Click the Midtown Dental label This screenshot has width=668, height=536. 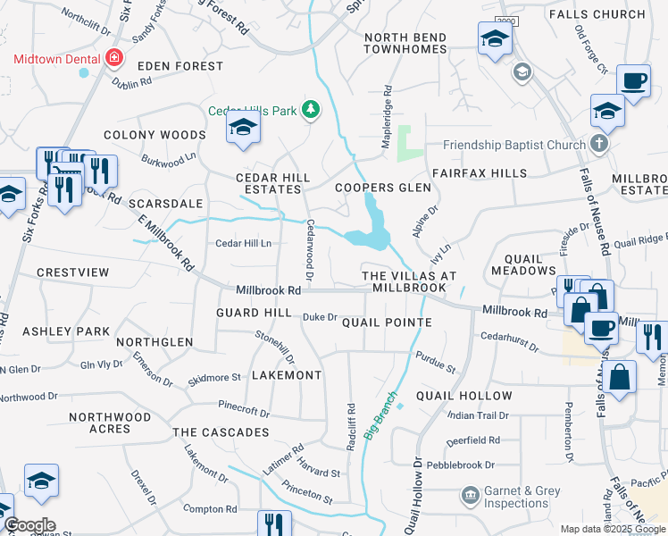coord(55,59)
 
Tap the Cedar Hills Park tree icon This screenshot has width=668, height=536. coord(310,110)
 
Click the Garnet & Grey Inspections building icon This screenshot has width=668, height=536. coord(470,495)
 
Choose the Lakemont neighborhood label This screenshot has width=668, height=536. coord(286,375)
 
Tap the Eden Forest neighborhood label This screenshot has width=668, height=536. coord(180,66)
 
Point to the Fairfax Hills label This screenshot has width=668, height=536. coord(479,172)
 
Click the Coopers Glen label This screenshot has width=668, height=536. coord(382,188)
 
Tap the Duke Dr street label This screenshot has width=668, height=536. coord(319,317)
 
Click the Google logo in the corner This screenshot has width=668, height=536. coord(29,525)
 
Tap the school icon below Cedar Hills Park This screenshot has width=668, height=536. coord(243,129)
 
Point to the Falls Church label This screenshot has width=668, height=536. coord(609,14)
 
